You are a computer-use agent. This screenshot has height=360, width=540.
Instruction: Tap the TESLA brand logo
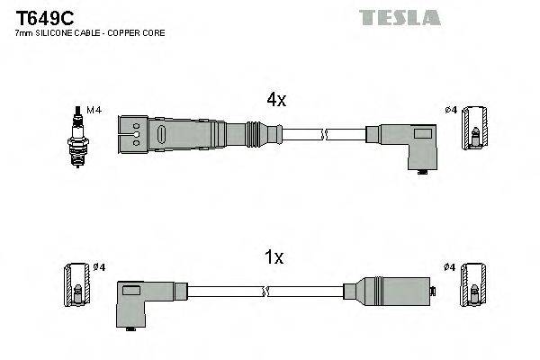[400, 17]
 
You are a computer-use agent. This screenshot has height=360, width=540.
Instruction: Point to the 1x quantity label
[274, 257]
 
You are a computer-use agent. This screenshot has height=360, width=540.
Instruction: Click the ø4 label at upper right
[451, 110]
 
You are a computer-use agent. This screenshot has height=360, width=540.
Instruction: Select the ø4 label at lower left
[99, 267]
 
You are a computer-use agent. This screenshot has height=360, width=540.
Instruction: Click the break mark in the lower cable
[266, 291]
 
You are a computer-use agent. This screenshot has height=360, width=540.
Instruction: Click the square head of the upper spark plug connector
[131, 134]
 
